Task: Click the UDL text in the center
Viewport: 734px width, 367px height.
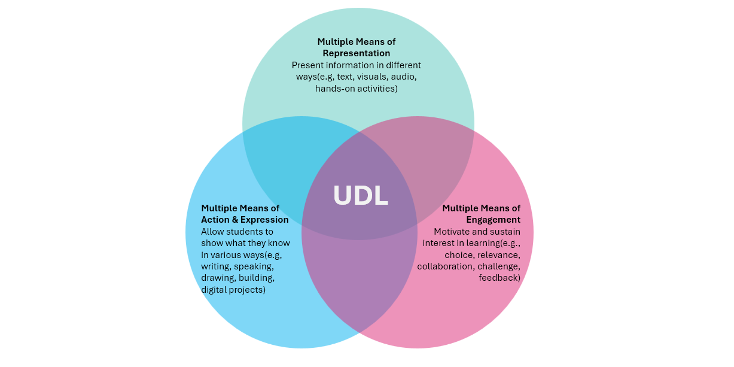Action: tap(360, 196)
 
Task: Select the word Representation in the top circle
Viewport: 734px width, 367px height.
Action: tap(357, 53)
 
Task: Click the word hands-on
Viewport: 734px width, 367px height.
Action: tap(335, 89)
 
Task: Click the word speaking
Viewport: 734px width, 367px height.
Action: tap(253, 266)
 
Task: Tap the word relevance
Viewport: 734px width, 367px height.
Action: tap(498, 254)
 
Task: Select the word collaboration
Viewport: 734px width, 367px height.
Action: tap(444, 266)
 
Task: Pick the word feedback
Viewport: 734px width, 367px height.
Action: tap(498, 278)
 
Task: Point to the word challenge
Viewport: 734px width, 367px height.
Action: tap(498, 266)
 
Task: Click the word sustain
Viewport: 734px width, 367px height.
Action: tap(504, 231)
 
